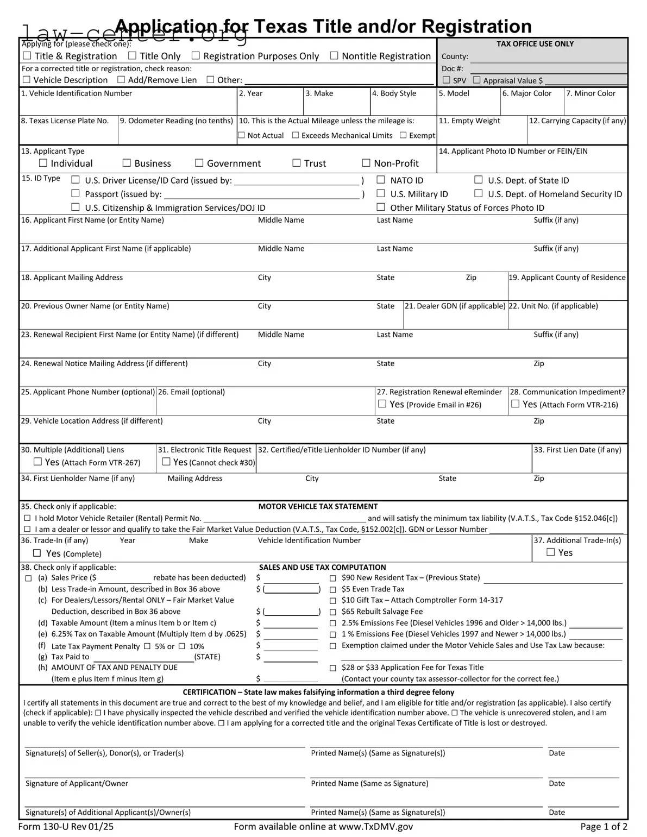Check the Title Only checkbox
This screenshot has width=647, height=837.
(132, 56)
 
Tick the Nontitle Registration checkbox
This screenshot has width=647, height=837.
(334, 55)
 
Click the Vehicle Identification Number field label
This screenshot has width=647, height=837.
(77, 93)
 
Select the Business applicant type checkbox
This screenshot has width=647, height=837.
(127, 163)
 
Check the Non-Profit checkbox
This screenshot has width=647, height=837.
(367, 163)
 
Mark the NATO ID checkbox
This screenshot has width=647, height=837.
(381, 180)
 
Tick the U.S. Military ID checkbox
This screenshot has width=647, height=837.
(381, 193)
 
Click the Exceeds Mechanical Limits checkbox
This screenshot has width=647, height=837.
(296, 135)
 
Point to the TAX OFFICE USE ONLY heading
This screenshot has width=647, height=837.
(535, 44)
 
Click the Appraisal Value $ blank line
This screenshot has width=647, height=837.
(586, 81)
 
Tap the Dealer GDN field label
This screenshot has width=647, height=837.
(455, 306)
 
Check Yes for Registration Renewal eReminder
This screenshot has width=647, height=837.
(382, 404)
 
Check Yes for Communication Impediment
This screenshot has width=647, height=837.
(516, 404)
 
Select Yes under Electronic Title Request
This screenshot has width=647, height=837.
(167, 462)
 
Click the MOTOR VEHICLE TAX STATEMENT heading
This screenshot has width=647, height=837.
(318, 506)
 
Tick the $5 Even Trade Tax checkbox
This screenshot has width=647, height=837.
(333, 590)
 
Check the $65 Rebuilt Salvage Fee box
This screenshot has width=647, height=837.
(333, 612)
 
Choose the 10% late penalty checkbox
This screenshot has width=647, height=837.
(182, 646)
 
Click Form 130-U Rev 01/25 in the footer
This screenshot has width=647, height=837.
(66, 827)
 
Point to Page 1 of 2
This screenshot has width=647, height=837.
(604, 827)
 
